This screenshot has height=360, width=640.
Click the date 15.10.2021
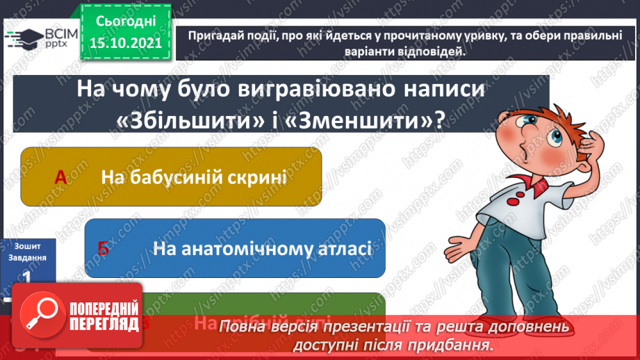click(x=125, y=42)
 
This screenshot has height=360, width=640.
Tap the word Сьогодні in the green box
click(x=124, y=22)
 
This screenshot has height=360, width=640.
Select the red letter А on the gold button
click(x=60, y=177)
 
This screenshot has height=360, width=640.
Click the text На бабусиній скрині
click(x=194, y=177)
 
